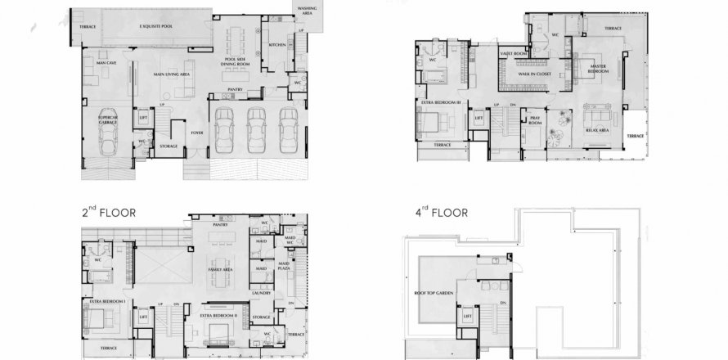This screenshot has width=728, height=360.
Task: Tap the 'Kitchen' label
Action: coord(277,46)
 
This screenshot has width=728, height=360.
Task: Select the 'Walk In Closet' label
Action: coord(533,74)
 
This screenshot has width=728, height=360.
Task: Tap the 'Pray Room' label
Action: coord(535,121)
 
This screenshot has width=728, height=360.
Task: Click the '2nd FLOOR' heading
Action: coord(108,213)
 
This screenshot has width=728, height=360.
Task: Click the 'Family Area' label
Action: coord(222,268)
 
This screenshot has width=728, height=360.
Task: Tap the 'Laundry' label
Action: coord(262,292)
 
